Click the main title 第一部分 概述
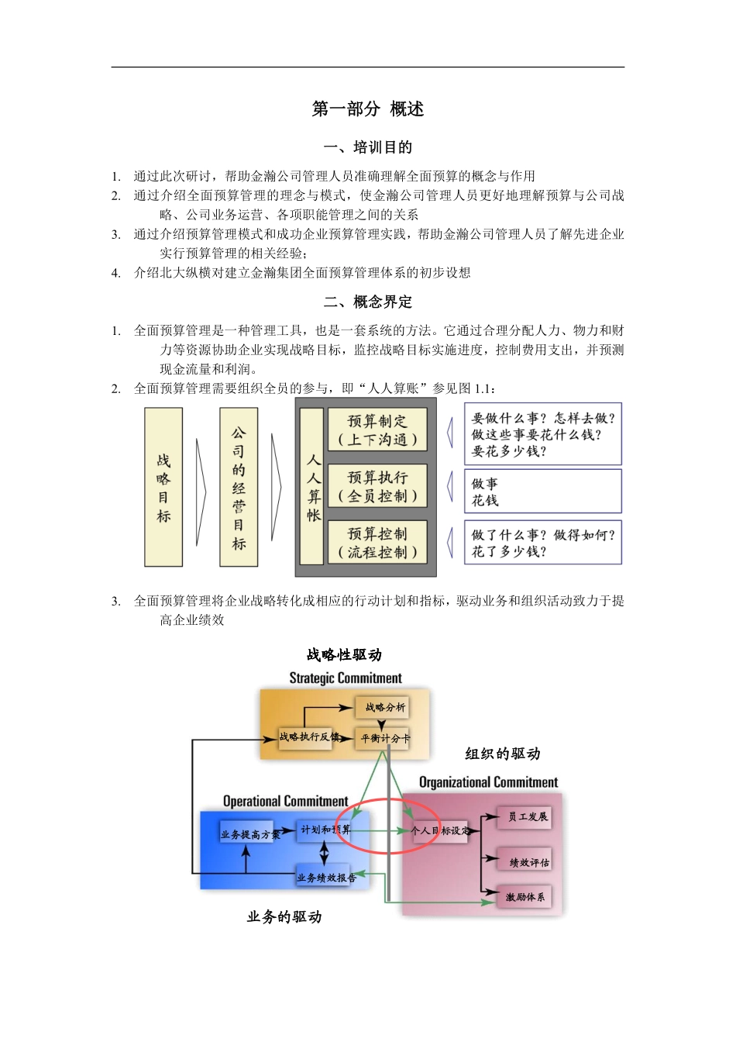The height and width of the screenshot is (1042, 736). tap(368, 109)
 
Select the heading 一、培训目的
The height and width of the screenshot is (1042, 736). tap(368, 147)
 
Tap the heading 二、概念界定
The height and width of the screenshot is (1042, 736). tap(368, 302)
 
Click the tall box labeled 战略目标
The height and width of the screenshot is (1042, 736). tap(163, 487)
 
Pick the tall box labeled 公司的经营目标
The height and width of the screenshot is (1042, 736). tap(239, 487)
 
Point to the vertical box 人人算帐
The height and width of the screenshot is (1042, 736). tap(312, 487)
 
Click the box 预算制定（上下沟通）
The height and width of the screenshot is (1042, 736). tap(377, 430)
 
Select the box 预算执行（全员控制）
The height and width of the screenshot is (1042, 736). tap(377, 486)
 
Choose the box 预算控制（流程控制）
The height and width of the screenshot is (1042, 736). tap(377, 543)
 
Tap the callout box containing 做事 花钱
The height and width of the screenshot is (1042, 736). tap(542, 491)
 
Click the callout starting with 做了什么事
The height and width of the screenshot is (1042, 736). tap(542, 543)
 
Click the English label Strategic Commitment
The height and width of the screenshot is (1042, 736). tap(346, 678)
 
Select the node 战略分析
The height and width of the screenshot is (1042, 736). tap(383, 707)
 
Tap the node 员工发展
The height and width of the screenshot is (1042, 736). tap(527, 816)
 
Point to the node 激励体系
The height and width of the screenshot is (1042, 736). tap(525, 897)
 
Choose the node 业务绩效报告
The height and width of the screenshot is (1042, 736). tap(325, 878)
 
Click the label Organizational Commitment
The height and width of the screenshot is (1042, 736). tap(488, 782)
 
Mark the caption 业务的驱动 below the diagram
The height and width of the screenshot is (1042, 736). tap(284, 917)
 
